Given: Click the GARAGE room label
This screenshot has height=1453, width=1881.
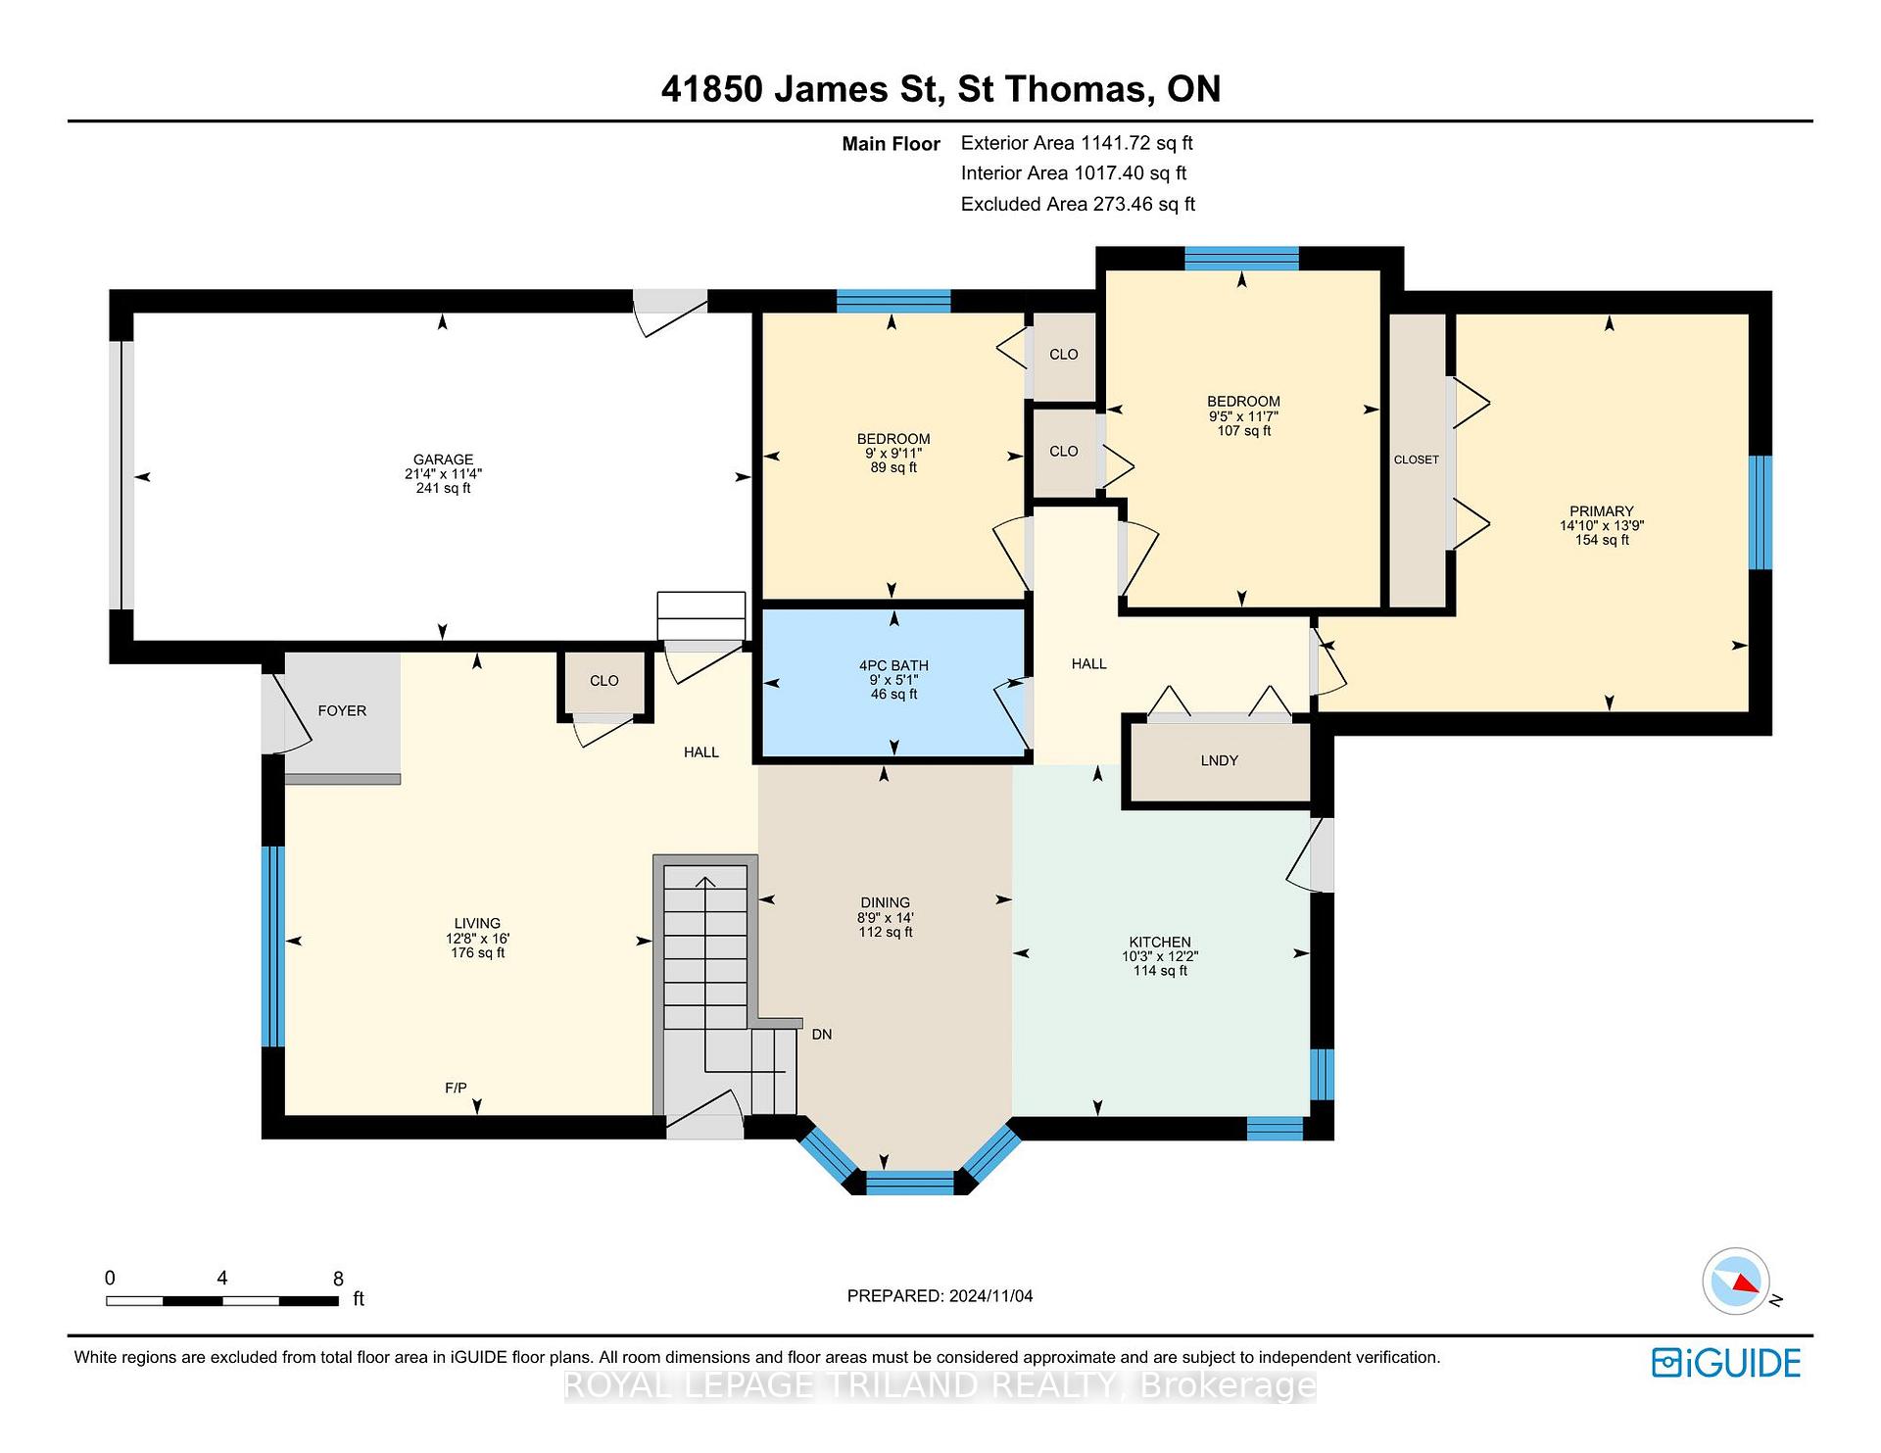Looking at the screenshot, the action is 443,460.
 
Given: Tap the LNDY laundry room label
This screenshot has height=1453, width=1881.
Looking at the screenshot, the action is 1219,760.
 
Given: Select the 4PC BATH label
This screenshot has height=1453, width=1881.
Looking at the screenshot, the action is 893,666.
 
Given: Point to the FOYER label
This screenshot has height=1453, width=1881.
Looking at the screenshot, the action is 342,711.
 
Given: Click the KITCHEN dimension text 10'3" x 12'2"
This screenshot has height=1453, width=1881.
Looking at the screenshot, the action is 1160,956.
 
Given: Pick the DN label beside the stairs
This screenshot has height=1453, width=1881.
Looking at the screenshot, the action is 822,1035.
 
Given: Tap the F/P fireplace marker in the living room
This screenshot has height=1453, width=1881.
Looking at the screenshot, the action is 456,1088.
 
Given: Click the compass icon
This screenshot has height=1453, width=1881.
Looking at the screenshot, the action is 1736,1281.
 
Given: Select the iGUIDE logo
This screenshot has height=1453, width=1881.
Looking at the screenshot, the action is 1726,1363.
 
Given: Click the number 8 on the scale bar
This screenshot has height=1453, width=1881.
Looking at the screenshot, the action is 338,1279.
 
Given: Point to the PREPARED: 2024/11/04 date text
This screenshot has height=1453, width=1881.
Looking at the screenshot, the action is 940,1296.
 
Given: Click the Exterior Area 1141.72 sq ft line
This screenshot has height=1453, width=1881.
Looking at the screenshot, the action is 1077,143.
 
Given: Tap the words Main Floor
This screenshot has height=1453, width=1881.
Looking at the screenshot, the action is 891,144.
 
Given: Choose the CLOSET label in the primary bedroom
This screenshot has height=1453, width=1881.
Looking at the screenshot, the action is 1417,460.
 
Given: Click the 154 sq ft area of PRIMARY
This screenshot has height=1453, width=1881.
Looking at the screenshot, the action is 1602,540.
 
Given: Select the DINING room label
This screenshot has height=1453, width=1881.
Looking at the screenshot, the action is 885,903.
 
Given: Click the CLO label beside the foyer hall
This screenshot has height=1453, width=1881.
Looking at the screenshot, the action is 604,681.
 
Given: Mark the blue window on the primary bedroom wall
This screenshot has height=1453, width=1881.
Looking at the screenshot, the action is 1760,512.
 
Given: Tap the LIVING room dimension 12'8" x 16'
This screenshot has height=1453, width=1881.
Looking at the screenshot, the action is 477,939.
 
